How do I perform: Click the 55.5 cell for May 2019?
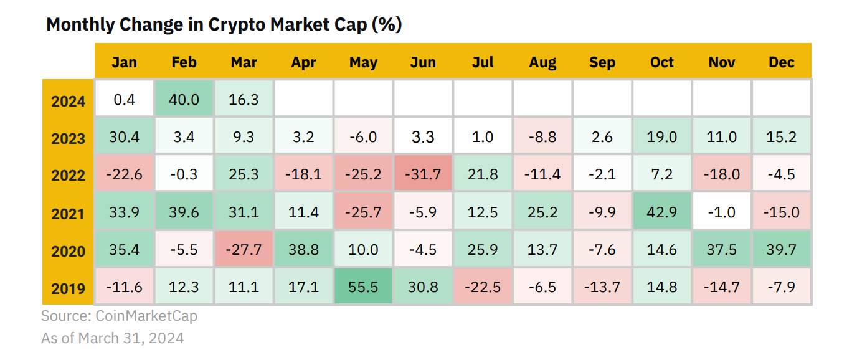click(363, 286)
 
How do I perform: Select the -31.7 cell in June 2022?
click(423, 173)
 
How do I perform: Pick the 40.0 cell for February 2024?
click(184, 98)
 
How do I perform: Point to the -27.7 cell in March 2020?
click(244, 249)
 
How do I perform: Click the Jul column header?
click(483, 62)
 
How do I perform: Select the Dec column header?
click(781, 62)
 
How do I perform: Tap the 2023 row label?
click(68, 138)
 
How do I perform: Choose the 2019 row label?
click(68, 288)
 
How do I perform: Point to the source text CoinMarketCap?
click(146, 316)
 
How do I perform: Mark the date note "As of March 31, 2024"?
click(113, 338)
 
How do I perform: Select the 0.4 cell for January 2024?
click(125, 98)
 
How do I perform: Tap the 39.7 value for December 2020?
click(781, 249)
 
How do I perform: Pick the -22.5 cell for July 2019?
click(483, 286)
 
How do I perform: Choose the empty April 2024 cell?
click(303, 98)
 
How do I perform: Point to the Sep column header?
click(602, 62)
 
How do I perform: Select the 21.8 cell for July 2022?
click(483, 173)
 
